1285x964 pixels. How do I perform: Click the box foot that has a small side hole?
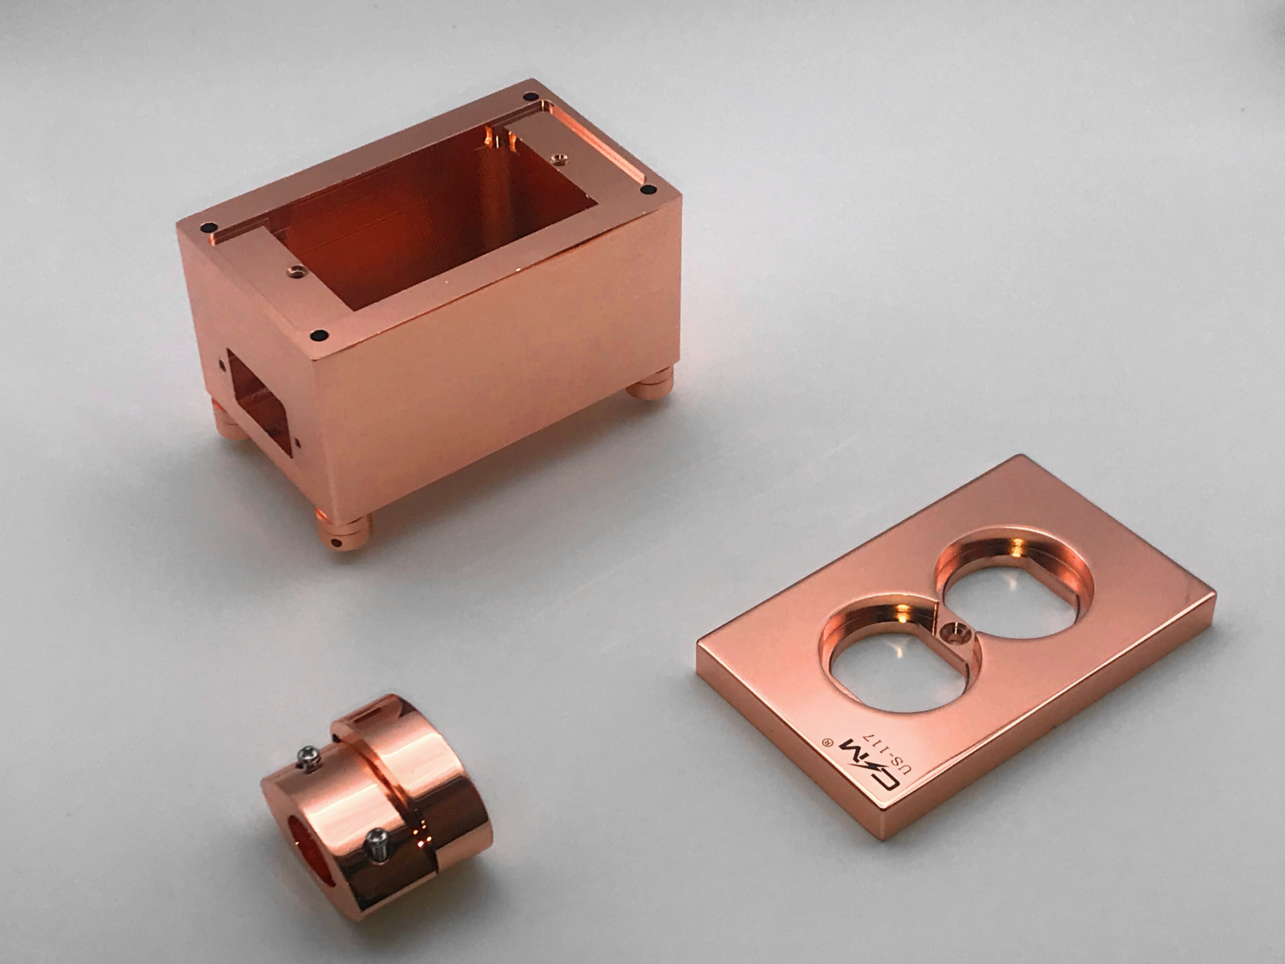point(343,529)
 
